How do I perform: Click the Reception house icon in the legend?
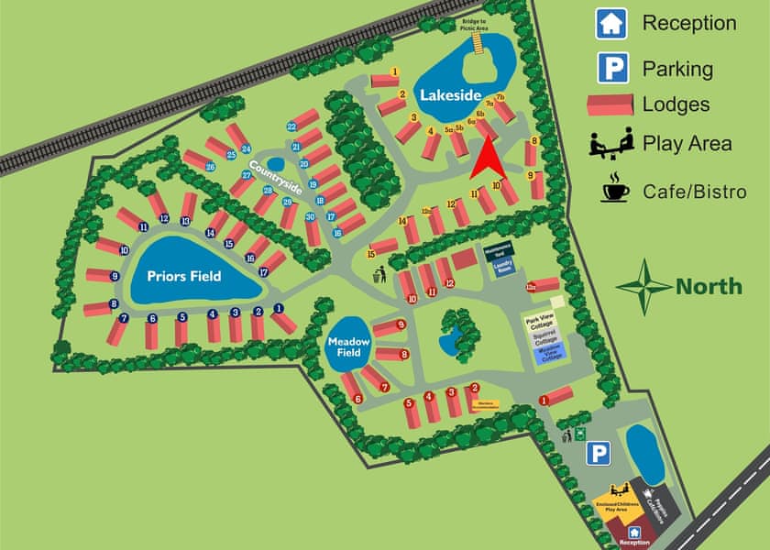(611, 23)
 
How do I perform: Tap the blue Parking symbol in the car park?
(599, 453)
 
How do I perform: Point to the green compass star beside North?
(643, 286)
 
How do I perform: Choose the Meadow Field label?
(348, 347)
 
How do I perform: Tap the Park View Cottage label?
(541, 322)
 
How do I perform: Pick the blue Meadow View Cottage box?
(550, 355)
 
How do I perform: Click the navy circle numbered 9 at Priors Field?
(115, 275)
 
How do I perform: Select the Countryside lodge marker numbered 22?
(291, 126)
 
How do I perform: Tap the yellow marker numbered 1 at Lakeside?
(395, 71)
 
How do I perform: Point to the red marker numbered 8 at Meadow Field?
(404, 354)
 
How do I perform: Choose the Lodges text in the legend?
(676, 104)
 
